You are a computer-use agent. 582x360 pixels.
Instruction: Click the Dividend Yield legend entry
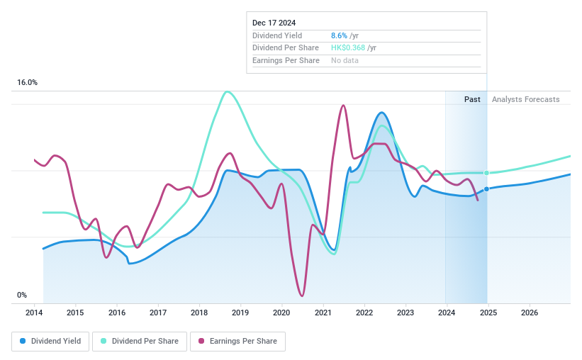[50, 341]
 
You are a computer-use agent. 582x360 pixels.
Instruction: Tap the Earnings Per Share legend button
[237, 341]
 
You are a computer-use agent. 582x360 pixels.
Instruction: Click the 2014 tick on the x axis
[34, 313]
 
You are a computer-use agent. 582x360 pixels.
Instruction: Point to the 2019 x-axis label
[240, 313]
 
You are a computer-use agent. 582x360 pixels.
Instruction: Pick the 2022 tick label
[364, 313]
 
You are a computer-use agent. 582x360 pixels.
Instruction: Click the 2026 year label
[529, 313]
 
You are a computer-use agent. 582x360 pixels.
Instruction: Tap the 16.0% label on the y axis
[28, 83]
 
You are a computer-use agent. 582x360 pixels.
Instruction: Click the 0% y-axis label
[22, 295]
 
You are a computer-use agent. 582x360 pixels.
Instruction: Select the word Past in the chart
[473, 99]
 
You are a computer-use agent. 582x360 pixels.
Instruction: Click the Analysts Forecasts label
[525, 99]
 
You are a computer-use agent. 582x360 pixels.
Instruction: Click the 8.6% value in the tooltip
[340, 35]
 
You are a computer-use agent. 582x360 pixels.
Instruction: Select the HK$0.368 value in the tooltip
[347, 47]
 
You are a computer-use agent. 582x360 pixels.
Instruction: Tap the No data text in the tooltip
[345, 60]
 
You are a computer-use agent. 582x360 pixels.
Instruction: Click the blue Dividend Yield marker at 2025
[487, 189]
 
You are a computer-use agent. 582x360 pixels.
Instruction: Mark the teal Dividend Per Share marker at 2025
[487, 173]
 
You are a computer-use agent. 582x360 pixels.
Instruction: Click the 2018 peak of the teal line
[227, 91]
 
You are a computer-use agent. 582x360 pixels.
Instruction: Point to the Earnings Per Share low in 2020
[303, 296]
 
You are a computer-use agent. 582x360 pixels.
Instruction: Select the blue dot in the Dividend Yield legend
[23, 341]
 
